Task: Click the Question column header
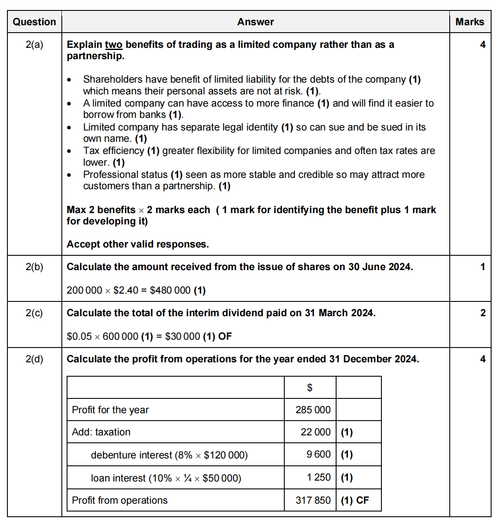coord(34,22)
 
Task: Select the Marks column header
coord(469,22)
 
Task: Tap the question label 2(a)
coord(34,44)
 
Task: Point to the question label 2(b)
coord(34,267)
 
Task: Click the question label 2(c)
coord(34,313)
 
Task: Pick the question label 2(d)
coord(34,359)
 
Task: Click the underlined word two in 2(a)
coord(114,45)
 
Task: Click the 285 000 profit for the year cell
coord(313,410)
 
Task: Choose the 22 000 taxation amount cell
coord(315,432)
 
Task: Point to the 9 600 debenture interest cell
coord(318,454)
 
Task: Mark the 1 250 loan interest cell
coord(318,477)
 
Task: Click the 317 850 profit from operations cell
coord(313,500)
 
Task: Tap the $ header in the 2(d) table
coord(310,388)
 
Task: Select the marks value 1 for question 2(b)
coord(482,267)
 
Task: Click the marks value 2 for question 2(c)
coord(482,313)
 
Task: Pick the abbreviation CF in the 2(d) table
coord(362,500)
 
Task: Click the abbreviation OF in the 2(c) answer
coord(225,336)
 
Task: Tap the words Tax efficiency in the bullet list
coord(113,150)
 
